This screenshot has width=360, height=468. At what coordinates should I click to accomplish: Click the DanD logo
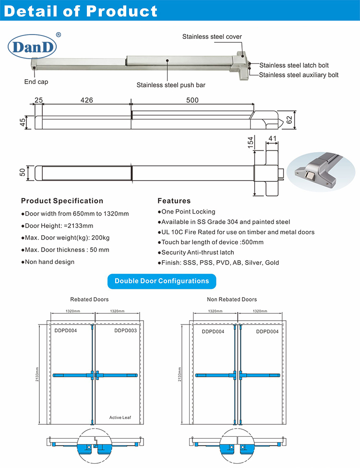(32, 47)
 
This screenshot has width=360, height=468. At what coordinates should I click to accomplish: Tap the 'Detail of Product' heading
(80, 11)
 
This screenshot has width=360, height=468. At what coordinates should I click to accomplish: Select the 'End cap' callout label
(36, 82)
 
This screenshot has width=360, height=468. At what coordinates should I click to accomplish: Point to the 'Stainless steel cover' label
(212, 36)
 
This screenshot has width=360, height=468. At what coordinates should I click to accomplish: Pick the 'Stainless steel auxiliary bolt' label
(299, 75)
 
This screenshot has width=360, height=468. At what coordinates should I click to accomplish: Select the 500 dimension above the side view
(192, 100)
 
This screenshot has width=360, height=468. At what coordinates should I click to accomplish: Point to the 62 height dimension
(289, 120)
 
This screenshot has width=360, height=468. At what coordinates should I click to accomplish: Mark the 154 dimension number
(250, 143)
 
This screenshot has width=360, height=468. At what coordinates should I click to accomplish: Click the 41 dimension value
(272, 139)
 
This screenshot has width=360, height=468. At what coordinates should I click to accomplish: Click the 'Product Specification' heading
(62, 201)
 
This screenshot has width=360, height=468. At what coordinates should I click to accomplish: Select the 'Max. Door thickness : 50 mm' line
(65, 250)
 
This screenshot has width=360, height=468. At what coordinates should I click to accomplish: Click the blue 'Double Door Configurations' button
(162, 281)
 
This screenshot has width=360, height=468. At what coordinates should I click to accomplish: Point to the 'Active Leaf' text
(120, 418)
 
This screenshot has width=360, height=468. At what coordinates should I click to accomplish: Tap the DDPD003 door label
(125, 331)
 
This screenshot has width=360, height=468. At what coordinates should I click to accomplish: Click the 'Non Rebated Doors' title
(232, 300)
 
